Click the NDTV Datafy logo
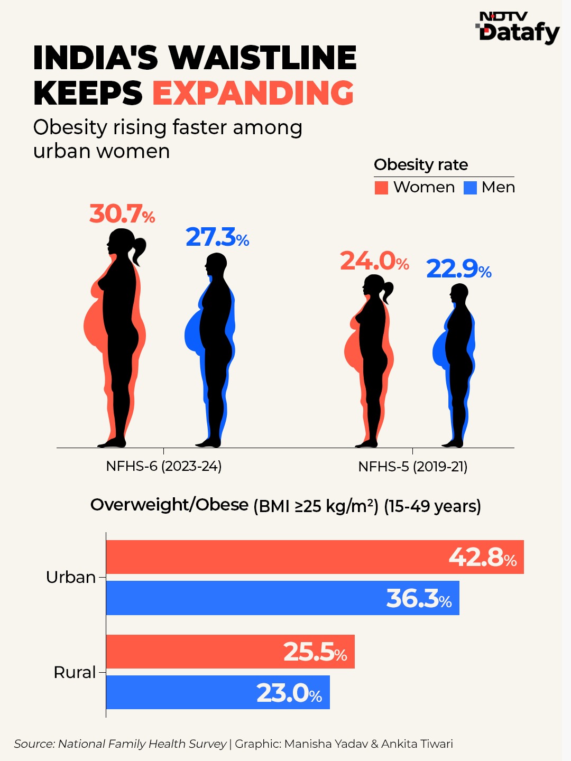tap(517, 27)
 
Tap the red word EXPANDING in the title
tap(253, 93)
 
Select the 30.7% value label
tap(122, 214)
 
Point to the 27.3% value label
tap(217, 237)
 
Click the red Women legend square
tap(381, 188)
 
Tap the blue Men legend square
tap(470, 188)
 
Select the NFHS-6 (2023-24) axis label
tap(164, 466)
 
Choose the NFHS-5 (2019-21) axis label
tap(412, 467)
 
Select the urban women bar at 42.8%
tap(315, 557)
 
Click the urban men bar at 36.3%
tap(282, 598)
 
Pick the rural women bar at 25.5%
tap(230, 652)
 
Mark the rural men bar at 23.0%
tap(218, 692)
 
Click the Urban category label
tap(71, 578)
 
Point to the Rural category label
tap(75, 673)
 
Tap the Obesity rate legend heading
tap(421, 165)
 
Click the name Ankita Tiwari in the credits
tap(417, 744)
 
